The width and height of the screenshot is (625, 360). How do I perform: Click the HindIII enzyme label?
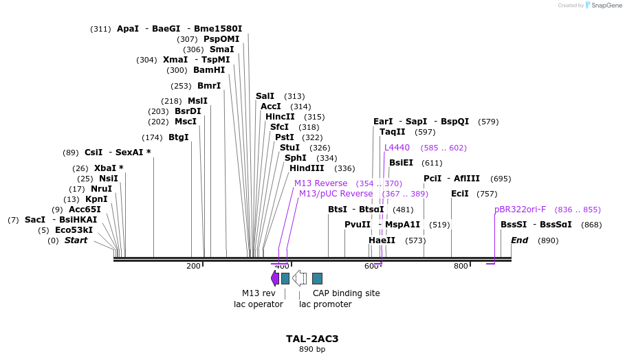point(307,168)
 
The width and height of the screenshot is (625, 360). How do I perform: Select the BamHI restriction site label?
point(209,70)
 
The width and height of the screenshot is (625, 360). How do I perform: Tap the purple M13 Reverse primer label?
point(320,183)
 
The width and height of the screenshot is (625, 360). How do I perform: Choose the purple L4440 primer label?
point(397,148)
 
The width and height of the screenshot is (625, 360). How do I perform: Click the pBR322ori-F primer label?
point(520,210)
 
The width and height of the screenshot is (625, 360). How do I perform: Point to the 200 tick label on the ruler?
point(193,266)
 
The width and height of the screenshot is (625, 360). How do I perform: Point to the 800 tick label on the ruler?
point(461,266)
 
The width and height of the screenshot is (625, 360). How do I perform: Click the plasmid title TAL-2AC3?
point(312,339)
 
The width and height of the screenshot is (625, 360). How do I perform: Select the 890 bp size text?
point(312,350)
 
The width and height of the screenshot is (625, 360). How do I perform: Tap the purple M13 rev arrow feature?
point(275,278)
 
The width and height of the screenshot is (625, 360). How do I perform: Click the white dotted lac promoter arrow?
point(299,278)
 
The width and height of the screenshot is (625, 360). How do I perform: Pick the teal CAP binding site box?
point(317,278)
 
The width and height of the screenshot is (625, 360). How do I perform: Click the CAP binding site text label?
point(346,293)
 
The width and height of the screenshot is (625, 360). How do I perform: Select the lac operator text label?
point(259,304)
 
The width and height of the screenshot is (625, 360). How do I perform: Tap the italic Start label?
point(76,240)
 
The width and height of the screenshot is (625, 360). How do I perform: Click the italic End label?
point(519,240)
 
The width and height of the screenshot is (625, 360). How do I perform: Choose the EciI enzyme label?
point(459,194)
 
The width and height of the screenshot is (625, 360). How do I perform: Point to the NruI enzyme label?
point(101,189)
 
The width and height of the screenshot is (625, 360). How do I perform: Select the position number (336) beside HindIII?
point(344,168)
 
